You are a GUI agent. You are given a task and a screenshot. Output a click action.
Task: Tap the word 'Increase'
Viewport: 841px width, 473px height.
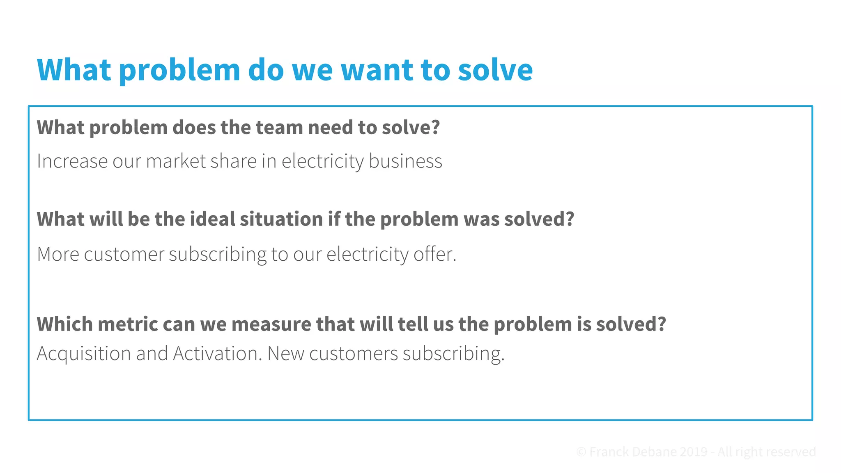pos(72,161)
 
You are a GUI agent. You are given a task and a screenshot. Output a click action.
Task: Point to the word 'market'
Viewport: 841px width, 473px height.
pos(176,161)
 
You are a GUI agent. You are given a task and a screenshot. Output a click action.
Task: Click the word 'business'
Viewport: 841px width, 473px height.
pos(405,161)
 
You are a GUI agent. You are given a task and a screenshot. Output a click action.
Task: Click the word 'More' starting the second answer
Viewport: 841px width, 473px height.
pos(58,254)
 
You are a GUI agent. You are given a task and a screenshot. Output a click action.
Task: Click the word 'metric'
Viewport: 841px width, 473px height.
pos(128,324)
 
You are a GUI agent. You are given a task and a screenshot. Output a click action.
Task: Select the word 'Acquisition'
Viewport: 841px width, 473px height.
pos(84,354)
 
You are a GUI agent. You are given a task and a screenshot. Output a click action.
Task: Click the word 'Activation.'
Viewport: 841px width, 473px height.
pos(217,354)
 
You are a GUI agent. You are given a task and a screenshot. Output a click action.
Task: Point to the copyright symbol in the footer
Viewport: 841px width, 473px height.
pos(581,452)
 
